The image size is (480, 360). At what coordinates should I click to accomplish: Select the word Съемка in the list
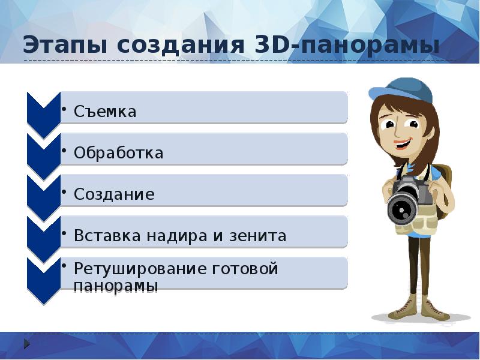[105, 112]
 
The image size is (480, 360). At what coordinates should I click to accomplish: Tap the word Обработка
[118, 153]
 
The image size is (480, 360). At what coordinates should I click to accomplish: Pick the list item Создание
[114, 194]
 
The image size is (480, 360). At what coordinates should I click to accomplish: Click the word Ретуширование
[140, 269]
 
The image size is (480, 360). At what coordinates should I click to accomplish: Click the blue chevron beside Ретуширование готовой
[43, 276]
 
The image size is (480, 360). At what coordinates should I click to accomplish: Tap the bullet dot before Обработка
[64, 147]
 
